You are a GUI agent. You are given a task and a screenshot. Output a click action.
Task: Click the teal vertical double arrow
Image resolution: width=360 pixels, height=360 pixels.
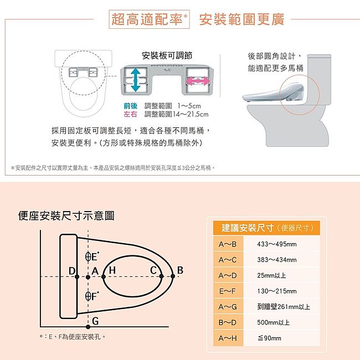(x=136, y=80)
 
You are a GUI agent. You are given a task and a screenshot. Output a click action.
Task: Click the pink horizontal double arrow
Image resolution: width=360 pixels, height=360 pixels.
(x=198, y=81)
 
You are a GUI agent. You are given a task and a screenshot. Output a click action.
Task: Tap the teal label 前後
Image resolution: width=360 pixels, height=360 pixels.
(x=130, y=106)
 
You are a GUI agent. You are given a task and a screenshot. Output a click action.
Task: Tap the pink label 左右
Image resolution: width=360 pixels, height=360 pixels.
(x=130, y=114)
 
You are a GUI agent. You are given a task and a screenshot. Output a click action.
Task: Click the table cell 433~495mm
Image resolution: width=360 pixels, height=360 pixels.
(x=277, y=244)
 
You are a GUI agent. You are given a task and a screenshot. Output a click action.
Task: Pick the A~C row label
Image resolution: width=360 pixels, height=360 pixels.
(x=227, y=260)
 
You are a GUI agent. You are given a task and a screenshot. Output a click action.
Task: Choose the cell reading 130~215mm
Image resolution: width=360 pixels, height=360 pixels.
(x=277, y=291)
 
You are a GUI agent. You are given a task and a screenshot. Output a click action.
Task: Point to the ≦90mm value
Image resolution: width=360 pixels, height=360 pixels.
(x=269, y=338)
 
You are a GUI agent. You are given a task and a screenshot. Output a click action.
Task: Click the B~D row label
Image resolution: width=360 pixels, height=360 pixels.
(x=227, y=322)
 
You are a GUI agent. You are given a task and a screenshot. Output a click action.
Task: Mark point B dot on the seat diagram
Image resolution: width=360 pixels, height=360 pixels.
(x=173, y=276)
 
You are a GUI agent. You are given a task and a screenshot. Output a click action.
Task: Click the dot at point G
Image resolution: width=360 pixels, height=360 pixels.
(x=88, y=326)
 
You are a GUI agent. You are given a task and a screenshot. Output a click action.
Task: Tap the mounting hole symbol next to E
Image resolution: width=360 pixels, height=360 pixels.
(x=88, y=256)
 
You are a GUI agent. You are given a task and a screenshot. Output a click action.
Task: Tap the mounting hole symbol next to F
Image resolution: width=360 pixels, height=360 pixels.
(x=88, y=296)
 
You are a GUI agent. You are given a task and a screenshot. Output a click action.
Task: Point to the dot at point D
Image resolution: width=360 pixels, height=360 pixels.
(x=77, y=277)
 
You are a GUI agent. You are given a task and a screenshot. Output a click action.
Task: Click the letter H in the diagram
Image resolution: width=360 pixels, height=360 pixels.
(x=112, y=270)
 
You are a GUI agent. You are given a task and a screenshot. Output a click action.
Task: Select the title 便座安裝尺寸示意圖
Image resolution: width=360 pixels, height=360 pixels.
(x=66, y=216)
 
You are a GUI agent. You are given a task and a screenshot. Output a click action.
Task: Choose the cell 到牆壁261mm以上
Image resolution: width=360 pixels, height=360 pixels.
(x=284, y=307)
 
